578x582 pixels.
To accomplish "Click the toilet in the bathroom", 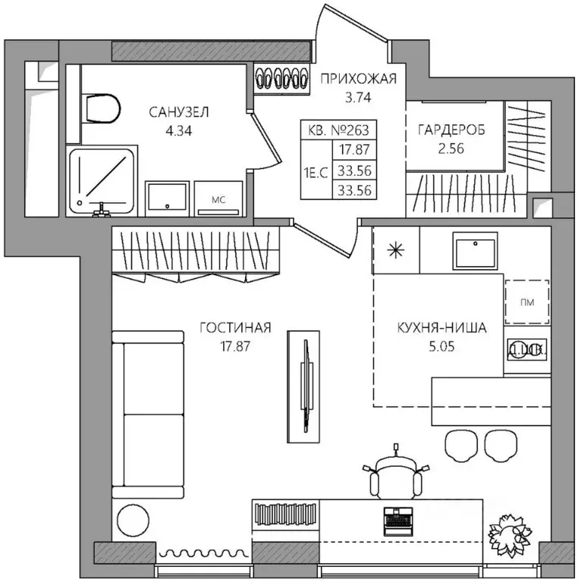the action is (x=103, y=109).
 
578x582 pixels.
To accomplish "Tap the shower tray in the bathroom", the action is (x=102, y=181).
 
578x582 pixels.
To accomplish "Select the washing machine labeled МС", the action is (x=218, y=199).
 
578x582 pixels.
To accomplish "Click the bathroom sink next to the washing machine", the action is (x=167, y=199).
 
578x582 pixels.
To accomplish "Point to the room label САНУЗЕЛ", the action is (x=179, y=112).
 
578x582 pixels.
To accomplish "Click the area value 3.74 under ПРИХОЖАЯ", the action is (x=358, y=97).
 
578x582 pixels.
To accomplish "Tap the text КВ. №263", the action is (x=338, y=130).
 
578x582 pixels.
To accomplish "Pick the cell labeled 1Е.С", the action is (x=316, y=172).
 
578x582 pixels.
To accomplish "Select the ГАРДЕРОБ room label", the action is (x=451, y=130).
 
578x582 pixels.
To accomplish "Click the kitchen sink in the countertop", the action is (x=475, y=251).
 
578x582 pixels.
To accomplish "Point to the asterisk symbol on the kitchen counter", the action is (x=396, y=250).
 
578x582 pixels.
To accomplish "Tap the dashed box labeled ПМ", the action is (x=527, y=302).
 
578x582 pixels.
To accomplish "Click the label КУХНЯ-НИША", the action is (x=442, y=327).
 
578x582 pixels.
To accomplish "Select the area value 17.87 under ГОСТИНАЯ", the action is (x=235, y=346).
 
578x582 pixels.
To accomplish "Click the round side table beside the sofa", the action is (x=133, y=520).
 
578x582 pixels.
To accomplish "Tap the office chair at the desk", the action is (x=396, y=475).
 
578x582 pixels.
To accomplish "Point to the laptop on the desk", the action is (x=397, y=521).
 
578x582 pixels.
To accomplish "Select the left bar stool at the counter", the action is (x=461, y=446).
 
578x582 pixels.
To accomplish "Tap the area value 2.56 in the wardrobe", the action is (x=451, y=149).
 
